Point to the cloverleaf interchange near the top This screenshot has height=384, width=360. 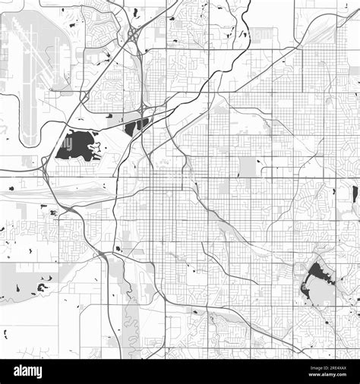click(x=133, y=35)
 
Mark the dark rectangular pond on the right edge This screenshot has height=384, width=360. click(x=355, y=194)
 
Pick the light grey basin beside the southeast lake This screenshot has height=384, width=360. click(x=323, y=293)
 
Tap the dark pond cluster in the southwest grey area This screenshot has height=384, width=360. click(x=42, y=287)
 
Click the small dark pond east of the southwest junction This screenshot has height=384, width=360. click(x=118, y=247)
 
